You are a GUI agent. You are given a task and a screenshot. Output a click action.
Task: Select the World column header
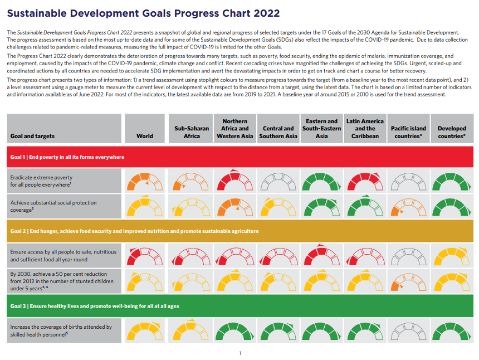point(145,136)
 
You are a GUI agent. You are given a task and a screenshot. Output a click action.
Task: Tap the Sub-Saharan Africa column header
point(192,132)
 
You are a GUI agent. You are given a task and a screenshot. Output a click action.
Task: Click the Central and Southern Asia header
point(278,132)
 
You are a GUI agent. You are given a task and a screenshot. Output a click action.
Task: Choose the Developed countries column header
point(452,132)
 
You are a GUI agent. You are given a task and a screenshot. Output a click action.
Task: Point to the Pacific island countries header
point(408,132)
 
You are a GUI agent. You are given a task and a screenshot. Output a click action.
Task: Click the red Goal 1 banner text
point(67,157)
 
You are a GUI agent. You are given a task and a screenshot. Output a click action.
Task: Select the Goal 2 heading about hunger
point(134,231)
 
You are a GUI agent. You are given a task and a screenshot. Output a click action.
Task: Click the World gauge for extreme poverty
point(145,182)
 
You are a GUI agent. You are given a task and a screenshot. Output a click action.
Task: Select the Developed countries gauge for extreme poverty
point(452,182)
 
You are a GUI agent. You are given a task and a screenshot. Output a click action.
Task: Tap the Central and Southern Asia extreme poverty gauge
point(278,182)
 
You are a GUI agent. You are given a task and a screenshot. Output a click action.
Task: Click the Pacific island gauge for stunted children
point(408,281)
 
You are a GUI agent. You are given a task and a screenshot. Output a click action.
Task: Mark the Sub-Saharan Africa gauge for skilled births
point(192,330)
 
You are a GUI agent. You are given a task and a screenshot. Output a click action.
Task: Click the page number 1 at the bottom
point(240,353)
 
